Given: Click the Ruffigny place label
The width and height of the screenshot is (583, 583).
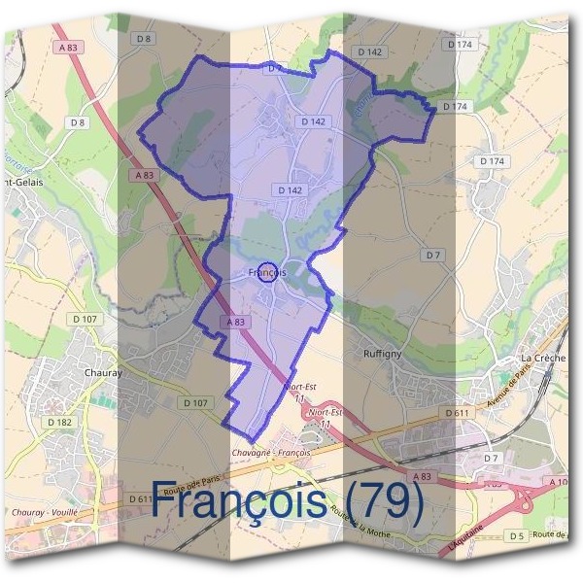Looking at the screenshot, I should click(382, 354).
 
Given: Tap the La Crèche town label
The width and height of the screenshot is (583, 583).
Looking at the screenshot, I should click(542, 358).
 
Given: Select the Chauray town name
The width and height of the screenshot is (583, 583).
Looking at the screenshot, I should click(103, 372).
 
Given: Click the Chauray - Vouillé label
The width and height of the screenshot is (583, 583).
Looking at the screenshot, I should click(45, 512).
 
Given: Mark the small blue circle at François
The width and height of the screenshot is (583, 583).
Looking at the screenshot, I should click(270, 272).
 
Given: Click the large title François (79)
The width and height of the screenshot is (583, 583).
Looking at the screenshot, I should click(289, 501).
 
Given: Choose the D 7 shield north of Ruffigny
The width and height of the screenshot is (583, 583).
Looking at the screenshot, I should click(433, 255).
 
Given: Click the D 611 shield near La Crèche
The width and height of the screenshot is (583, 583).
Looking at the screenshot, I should click(458, 413).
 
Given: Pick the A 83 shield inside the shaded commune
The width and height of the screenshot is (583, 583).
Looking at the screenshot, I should click(235, 322).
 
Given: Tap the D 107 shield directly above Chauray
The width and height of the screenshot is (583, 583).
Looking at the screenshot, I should click(85, 319).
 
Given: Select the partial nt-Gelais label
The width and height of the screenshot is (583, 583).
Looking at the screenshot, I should click(21, 183).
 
